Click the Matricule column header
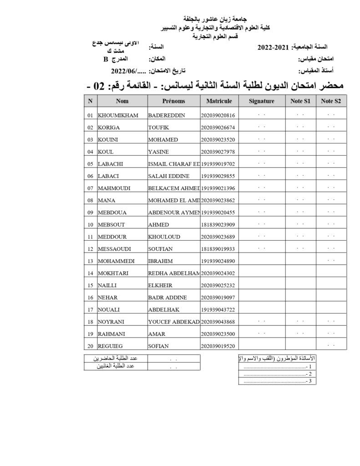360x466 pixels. point(219,101)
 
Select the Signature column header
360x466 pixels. point(261,101)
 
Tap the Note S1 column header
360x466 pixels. point(300,101)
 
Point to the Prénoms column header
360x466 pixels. point(173,101)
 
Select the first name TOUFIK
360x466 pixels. point(158,127)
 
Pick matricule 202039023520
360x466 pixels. point(218,140)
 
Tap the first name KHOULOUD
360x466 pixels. point(162,237)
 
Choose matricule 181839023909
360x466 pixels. point(218,225)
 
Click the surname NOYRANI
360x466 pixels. point(112,322)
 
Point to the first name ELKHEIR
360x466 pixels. point(160,286)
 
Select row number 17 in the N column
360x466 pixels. point(90,310)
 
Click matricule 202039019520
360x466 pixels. point(218,346)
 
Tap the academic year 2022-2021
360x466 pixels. point(273,47)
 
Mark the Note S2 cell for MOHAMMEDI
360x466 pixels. point(331,261)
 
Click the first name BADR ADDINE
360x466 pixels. point(167,298)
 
